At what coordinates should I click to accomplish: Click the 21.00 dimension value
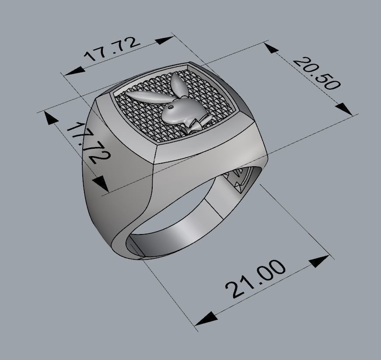pyautogui.click(x=255, y=280)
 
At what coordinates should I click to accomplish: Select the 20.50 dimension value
pyautogui.click(x=316, y=73)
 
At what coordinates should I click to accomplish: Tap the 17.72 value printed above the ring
pyautogui.click(x=113, y=49)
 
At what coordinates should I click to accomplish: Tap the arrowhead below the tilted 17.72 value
pyautogui.click(x=101, y=183)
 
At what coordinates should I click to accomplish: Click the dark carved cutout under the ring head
pyautogui.click(x=238, y=180)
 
